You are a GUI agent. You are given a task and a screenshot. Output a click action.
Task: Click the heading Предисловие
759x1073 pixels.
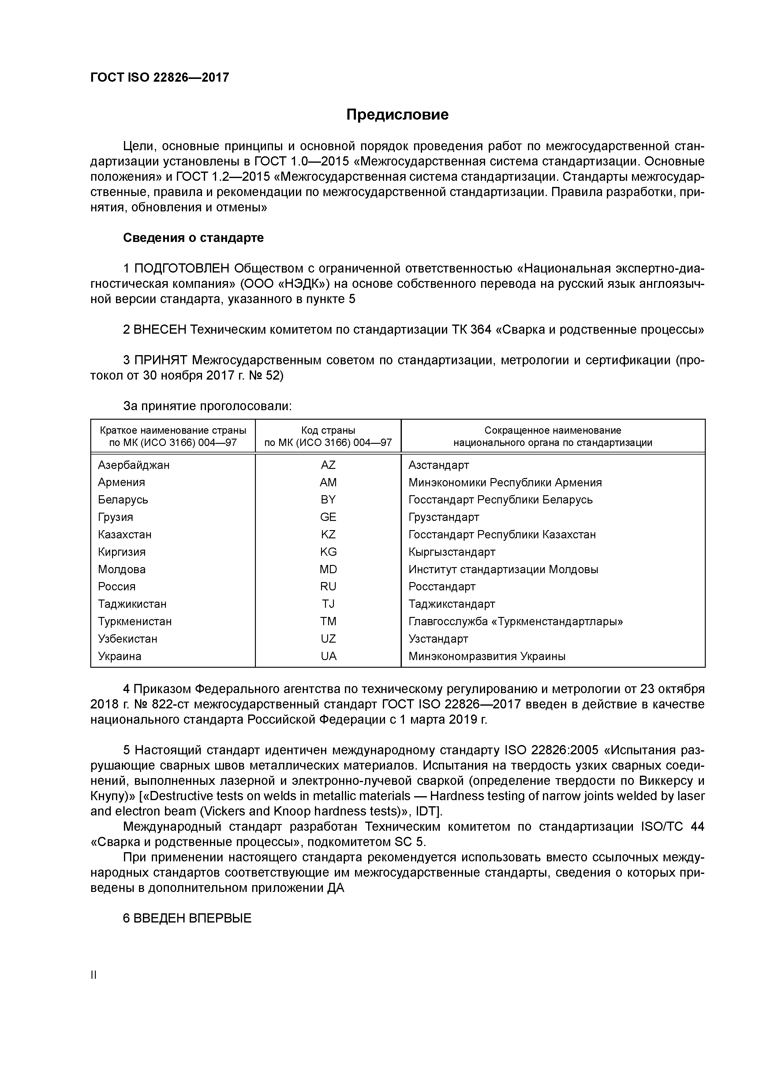(397, 114)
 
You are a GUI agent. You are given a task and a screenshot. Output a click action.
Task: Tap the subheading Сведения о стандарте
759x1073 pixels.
(193, 238)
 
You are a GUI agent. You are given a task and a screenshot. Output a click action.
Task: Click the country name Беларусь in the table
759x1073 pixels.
(123, 499)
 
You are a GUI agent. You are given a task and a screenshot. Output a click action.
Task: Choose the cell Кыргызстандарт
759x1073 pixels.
(451, 552)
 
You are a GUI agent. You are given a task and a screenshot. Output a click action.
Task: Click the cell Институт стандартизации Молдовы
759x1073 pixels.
(503, 569)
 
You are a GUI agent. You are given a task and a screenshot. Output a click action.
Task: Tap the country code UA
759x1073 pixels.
(328, 656)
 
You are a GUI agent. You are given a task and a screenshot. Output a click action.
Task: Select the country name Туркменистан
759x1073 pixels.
(135, 622)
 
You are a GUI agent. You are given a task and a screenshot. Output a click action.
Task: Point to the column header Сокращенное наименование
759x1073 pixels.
(552, 430)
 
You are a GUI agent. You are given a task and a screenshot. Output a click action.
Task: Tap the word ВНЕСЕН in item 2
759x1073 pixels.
(159, 330)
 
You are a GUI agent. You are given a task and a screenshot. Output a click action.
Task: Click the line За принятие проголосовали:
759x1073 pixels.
(207, 406)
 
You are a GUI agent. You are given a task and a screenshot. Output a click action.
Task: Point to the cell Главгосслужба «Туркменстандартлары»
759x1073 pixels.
(515, 622)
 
